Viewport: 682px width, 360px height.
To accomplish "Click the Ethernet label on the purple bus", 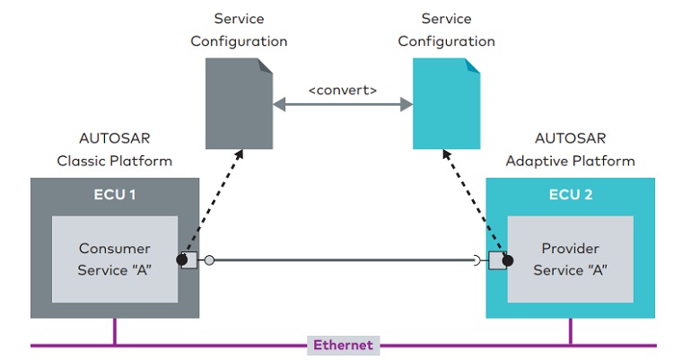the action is (343, 346).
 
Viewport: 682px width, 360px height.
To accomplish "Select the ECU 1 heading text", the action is (115, 195).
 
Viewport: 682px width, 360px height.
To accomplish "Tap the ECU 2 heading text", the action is (571, 195).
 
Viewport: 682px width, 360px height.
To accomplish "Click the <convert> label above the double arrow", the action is (343, 90).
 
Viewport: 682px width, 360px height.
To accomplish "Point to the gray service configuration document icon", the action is (239, 103).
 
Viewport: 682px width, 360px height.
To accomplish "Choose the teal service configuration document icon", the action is (446, 103).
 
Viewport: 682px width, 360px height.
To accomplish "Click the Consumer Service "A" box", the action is (115, 259).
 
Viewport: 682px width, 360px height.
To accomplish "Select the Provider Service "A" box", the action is (570, 259).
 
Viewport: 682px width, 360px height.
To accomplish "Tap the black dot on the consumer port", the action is (182, 259).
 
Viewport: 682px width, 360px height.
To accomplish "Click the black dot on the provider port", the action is (508, 260).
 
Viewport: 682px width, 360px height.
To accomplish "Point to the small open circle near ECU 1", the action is (209, 260).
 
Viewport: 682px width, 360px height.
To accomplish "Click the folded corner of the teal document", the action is (473, 66).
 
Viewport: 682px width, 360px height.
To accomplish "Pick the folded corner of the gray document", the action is (266, 66).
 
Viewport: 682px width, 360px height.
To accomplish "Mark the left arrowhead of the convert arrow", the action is (279, 104).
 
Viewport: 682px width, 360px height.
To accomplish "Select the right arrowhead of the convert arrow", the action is (407, 104).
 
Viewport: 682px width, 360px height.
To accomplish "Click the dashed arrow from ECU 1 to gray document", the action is (214, 202).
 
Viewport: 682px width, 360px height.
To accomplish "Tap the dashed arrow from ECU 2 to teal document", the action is (475, 202).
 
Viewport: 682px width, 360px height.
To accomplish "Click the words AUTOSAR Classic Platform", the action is (115, 150).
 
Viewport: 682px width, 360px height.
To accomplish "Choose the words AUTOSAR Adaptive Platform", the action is (570, 150).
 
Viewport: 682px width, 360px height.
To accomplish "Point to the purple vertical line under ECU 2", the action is (570, 331).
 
